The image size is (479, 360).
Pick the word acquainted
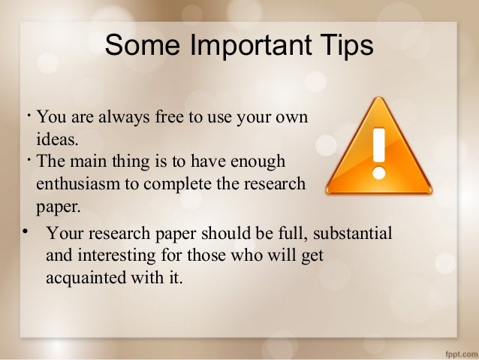(x=83, y=276)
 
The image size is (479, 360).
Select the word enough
(x=260, y=161)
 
